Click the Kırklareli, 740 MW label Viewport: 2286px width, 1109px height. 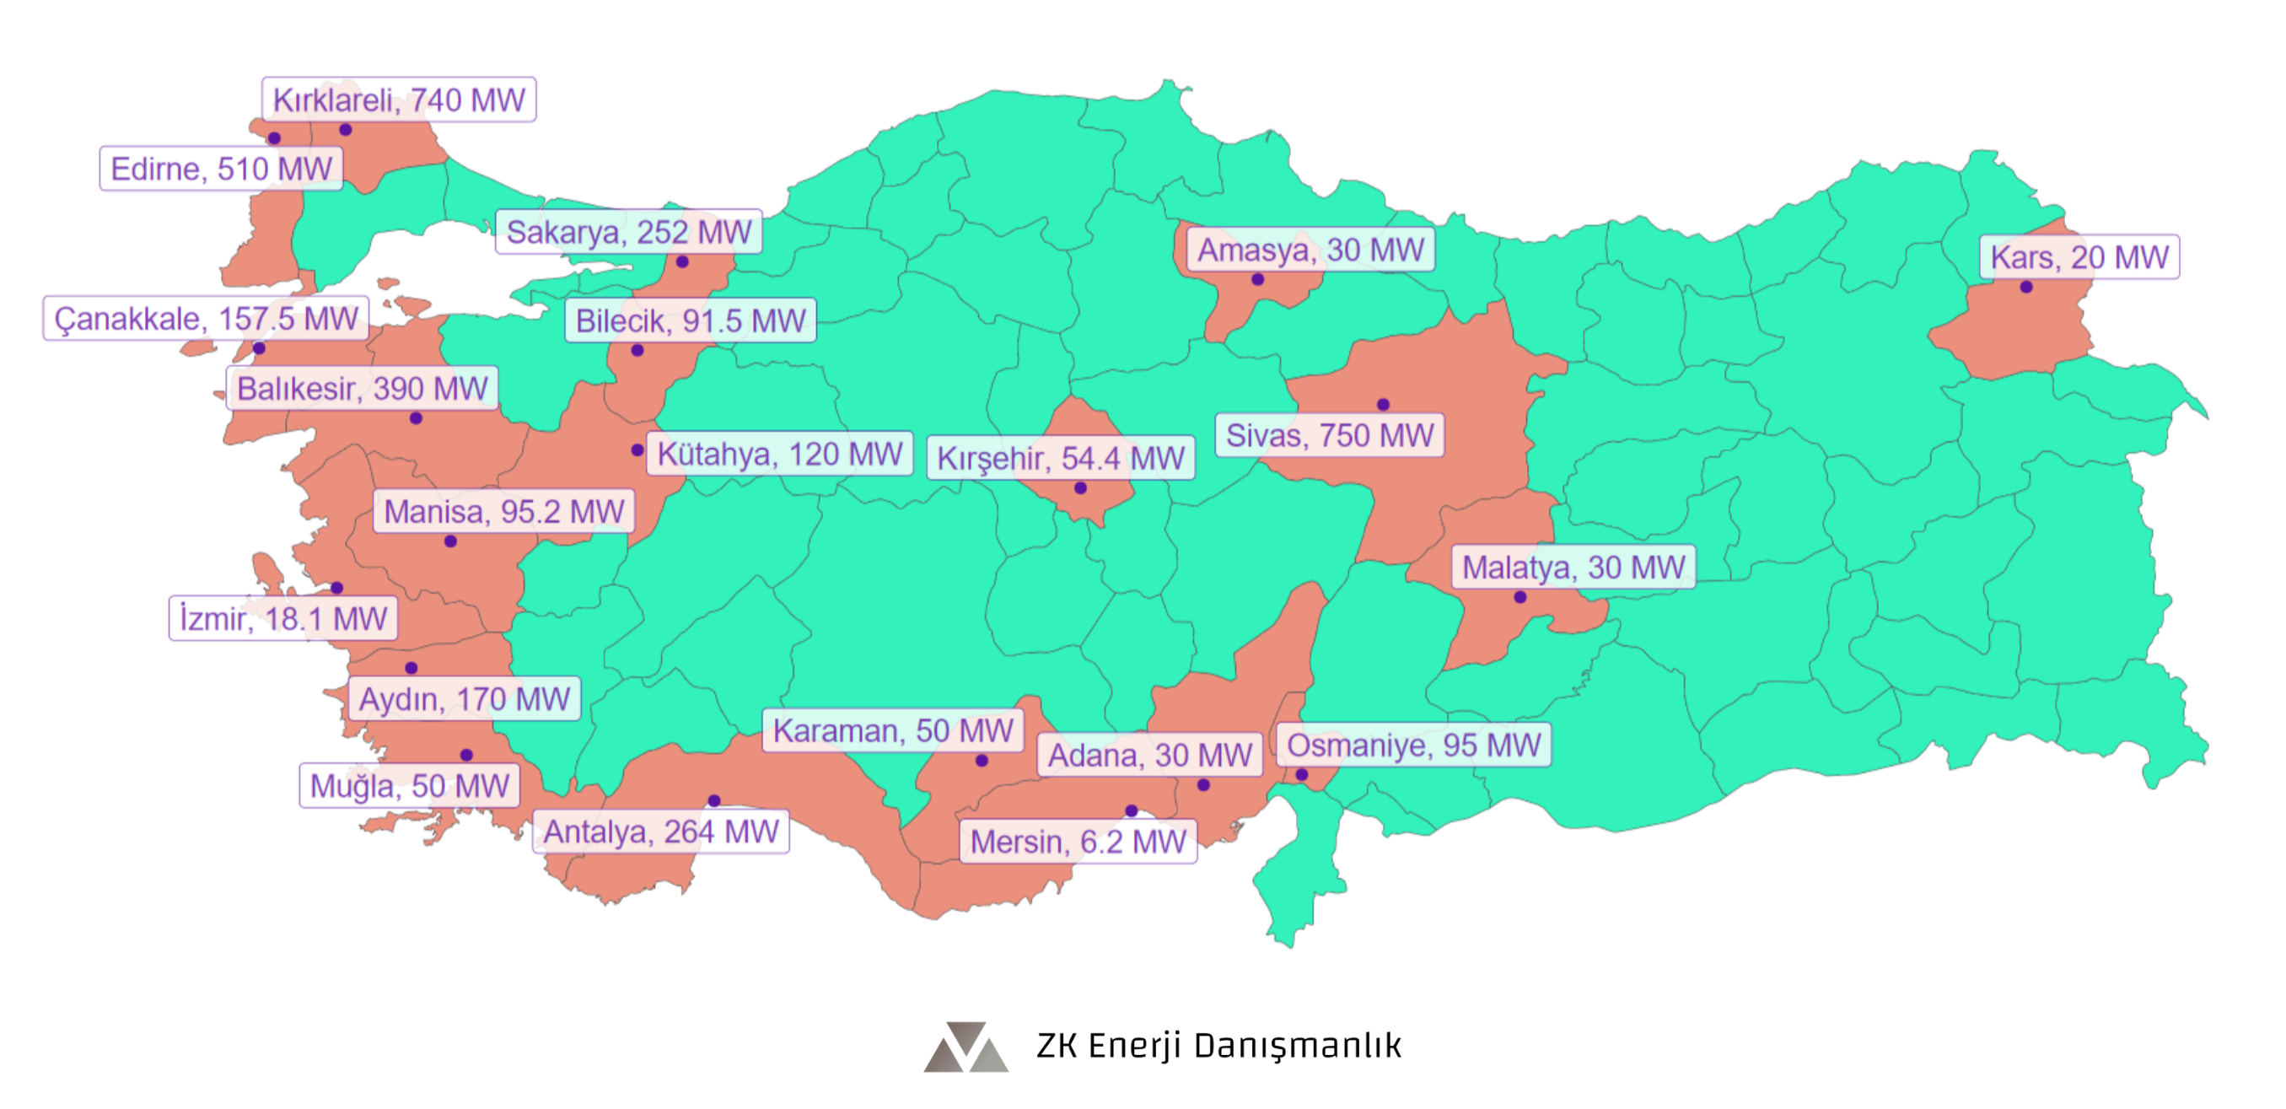point(399,100)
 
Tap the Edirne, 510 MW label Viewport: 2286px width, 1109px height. point(221,169)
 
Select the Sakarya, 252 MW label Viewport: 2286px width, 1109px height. point(628,232)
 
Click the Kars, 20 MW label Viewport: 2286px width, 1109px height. point(2079,257)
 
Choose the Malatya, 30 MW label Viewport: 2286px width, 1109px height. point(1573,567)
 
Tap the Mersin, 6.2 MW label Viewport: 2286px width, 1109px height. point(1078,841)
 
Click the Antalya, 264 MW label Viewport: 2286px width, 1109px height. point(660,832)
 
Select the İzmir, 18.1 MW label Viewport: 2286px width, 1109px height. point(283,618)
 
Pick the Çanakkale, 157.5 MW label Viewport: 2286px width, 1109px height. point(206,319)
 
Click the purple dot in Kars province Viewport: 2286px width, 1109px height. point(2026,288)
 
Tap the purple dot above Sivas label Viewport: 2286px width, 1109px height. point(1383,405)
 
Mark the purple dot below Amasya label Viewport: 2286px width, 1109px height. point(1257,279)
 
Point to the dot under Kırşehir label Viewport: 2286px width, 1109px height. point(1080,488)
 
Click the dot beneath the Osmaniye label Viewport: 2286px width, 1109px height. point(1301,774)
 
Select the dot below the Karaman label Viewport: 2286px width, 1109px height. point(982,761)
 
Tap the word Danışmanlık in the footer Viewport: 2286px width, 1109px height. point(1297,1045)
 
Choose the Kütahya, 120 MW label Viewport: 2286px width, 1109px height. point(779,455)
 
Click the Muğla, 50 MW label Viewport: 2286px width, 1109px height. point(409,786)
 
